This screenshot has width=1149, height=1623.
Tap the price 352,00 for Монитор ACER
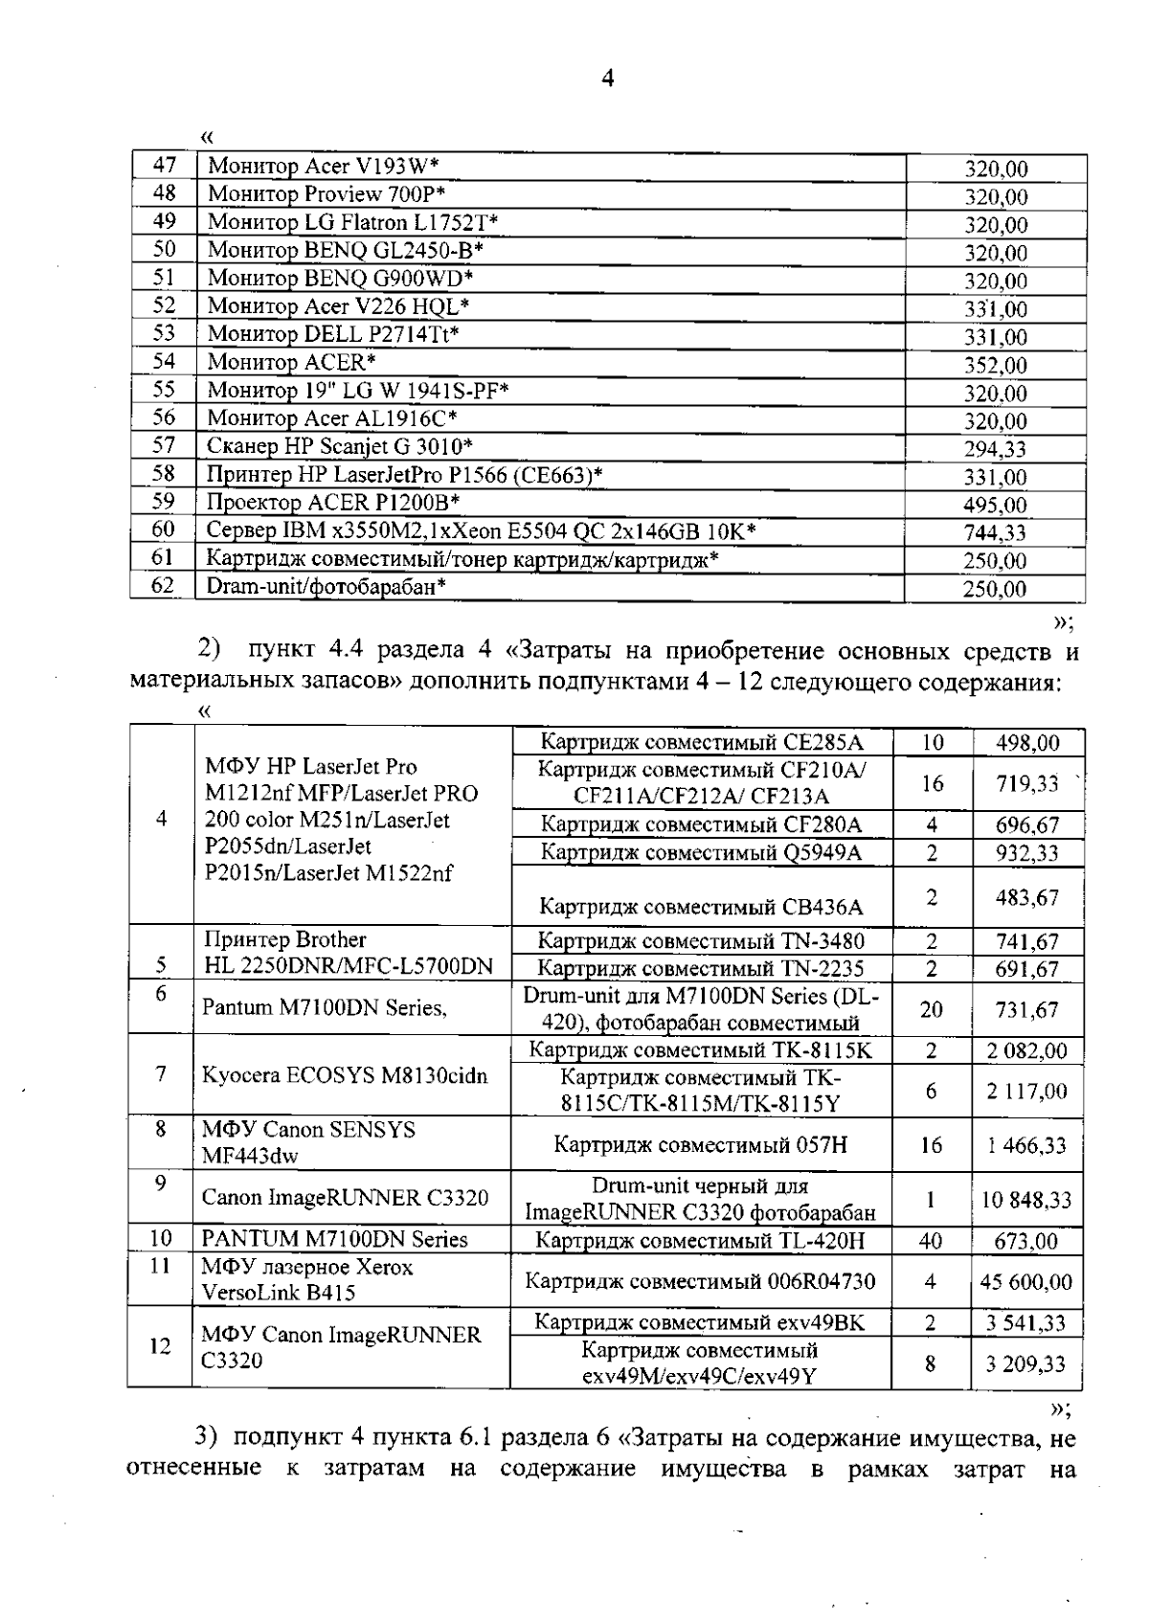point(995,365)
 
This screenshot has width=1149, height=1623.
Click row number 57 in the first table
point(164,445)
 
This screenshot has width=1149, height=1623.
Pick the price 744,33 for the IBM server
point(995,533)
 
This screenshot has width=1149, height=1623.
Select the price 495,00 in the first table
point(995,506)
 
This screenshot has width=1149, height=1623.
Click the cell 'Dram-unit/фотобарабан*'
point(326,586)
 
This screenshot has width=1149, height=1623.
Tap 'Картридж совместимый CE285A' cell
point(702,742)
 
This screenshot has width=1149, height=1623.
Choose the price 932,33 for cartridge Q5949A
point(1026,853)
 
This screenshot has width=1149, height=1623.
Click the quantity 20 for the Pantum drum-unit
point(931,1009)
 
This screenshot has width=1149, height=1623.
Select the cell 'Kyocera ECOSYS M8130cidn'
point(345,1075)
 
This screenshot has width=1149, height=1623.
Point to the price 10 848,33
point(1025,1200)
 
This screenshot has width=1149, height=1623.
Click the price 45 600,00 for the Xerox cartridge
point(1025,1281)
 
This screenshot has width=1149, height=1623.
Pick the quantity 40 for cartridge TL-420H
point(930,1242)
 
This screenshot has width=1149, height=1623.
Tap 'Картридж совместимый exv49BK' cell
point(699,1323)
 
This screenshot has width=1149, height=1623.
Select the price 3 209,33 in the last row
point(1025,1364)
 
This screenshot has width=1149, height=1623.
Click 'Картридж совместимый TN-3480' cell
point(701,941)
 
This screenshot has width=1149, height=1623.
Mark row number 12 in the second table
point(160,1346)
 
